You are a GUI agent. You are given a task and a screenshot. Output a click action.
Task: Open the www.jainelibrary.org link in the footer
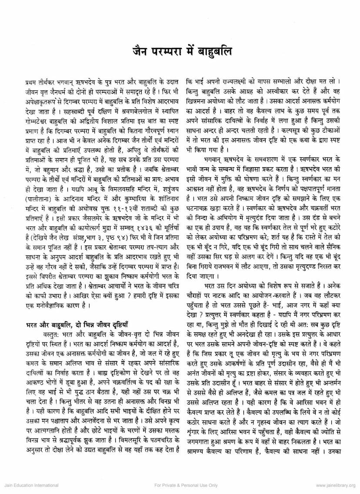click(336, 485)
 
